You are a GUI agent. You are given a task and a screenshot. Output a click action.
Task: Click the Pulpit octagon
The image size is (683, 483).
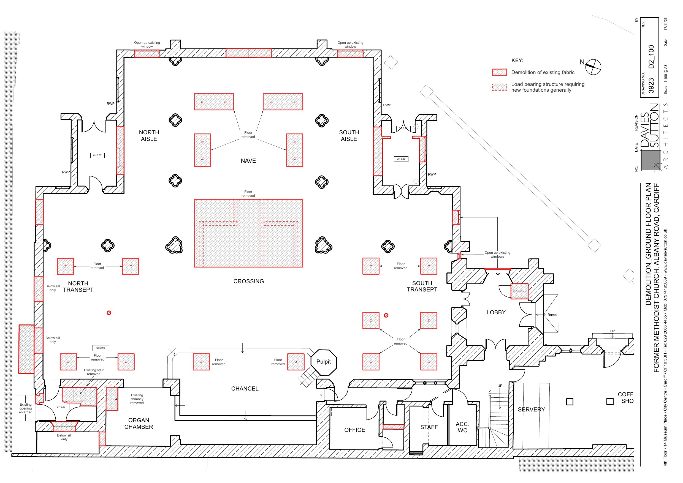pyautogui.click(x=324, y=362)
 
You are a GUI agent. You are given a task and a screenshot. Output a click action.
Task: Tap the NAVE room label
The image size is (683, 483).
pyautogui.click(x=248, y=161)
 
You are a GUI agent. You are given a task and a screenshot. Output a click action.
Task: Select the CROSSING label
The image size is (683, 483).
pyautogui.click(x=248, y=281)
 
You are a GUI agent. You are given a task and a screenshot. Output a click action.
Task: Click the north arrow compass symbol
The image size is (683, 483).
pyautogui.click(x=593, y=67)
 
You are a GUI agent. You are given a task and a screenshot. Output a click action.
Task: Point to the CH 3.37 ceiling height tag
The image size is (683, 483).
pyautogui.click(x=97, y=155)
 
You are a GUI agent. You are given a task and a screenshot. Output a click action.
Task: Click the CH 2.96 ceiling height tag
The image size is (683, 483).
pyautogui.click(x=101, y=348)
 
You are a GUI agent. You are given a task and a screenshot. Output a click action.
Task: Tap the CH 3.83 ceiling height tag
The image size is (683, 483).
pyautogui.click(x=61, y=407)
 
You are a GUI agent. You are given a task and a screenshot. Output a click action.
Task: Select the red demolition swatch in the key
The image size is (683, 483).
pyautogui.click(x=499, y=72)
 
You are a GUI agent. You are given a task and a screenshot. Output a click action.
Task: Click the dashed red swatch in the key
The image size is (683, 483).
pyautogui.click(x=499, y=87)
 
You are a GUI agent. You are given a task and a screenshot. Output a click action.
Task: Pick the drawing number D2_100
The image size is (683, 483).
pyautogui.click(x=651, y=56)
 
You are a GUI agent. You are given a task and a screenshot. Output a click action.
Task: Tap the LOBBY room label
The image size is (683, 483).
pyautogui.click(x=496, y=312)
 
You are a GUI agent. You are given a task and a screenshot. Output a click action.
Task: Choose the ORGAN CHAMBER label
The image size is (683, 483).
pyautogui.click(x=139, y=424)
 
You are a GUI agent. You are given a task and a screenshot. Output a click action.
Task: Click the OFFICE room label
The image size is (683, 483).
pyautogui.click(x=354, y=430)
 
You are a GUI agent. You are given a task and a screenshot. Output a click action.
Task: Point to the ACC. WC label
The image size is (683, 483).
pyautogui.click(x=462, y=427)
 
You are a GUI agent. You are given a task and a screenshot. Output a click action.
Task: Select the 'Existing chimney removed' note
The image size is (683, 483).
pyautogui.click(x=137, y=399)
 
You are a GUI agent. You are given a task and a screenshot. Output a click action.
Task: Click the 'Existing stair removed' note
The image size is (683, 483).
pyautogui.click(x=94, y=372)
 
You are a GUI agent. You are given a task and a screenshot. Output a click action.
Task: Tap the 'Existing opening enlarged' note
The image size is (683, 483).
pyautogui.click(x=26, y=408)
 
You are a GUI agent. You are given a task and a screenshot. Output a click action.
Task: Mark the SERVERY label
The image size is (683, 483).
pyautogui.click(x=531, y=410)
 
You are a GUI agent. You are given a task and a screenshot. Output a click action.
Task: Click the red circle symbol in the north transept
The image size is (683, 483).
pyautogui.click(x=109, y=313)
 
